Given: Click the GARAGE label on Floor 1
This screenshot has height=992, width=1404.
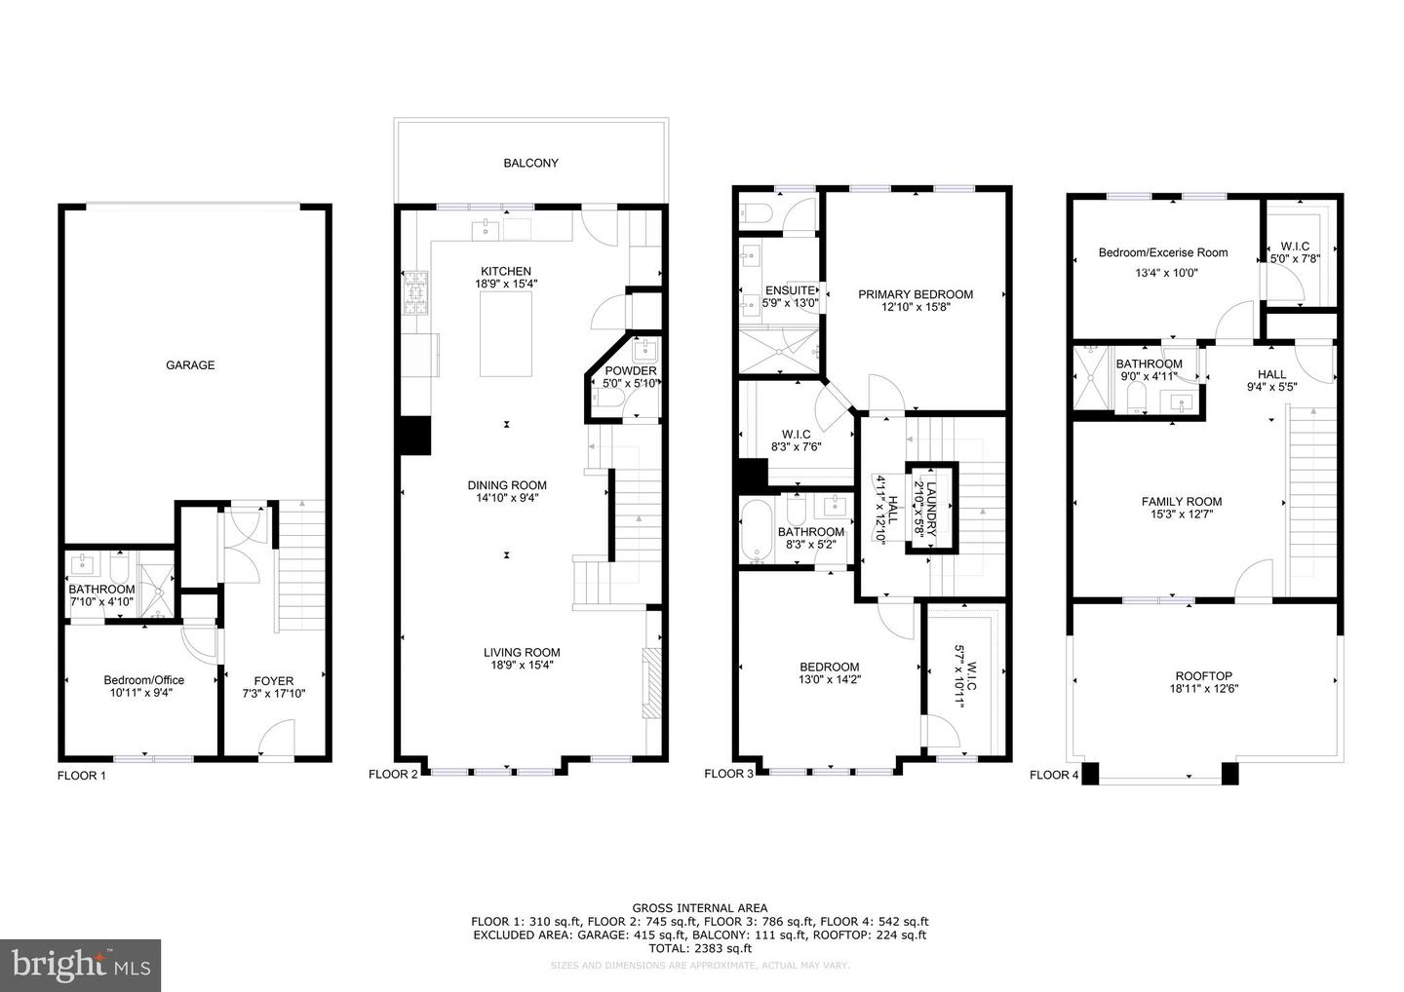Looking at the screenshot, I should coord(190,365).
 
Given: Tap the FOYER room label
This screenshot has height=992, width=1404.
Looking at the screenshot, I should coord(273,681).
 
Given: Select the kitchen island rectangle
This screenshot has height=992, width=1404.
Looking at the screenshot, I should coord(506,332).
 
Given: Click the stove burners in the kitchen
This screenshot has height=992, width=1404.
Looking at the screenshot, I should coord(416,293).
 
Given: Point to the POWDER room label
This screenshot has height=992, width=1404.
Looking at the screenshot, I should coord(631,371).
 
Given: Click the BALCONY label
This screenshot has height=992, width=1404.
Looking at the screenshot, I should coord(530,164).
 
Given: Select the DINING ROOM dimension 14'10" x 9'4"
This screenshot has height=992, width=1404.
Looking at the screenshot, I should coord(507,498).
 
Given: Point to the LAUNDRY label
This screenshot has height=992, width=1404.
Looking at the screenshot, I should coord(931,509).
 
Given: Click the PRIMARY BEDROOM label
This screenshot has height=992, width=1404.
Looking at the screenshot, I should coord(915,294).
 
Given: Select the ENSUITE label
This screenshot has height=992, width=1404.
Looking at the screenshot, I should coord(790,290).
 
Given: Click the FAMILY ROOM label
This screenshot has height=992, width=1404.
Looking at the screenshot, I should coord(1181,502).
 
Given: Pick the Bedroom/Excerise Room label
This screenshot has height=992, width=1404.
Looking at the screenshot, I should coord(1162,253).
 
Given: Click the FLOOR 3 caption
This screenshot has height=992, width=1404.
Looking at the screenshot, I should coord(729,775).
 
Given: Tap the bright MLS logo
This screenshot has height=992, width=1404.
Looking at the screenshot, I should coord(80,966).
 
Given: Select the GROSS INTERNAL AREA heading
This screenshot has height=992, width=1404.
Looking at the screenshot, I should coord(699,907).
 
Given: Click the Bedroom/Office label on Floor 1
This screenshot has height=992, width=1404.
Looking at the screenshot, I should coord(144,680).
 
